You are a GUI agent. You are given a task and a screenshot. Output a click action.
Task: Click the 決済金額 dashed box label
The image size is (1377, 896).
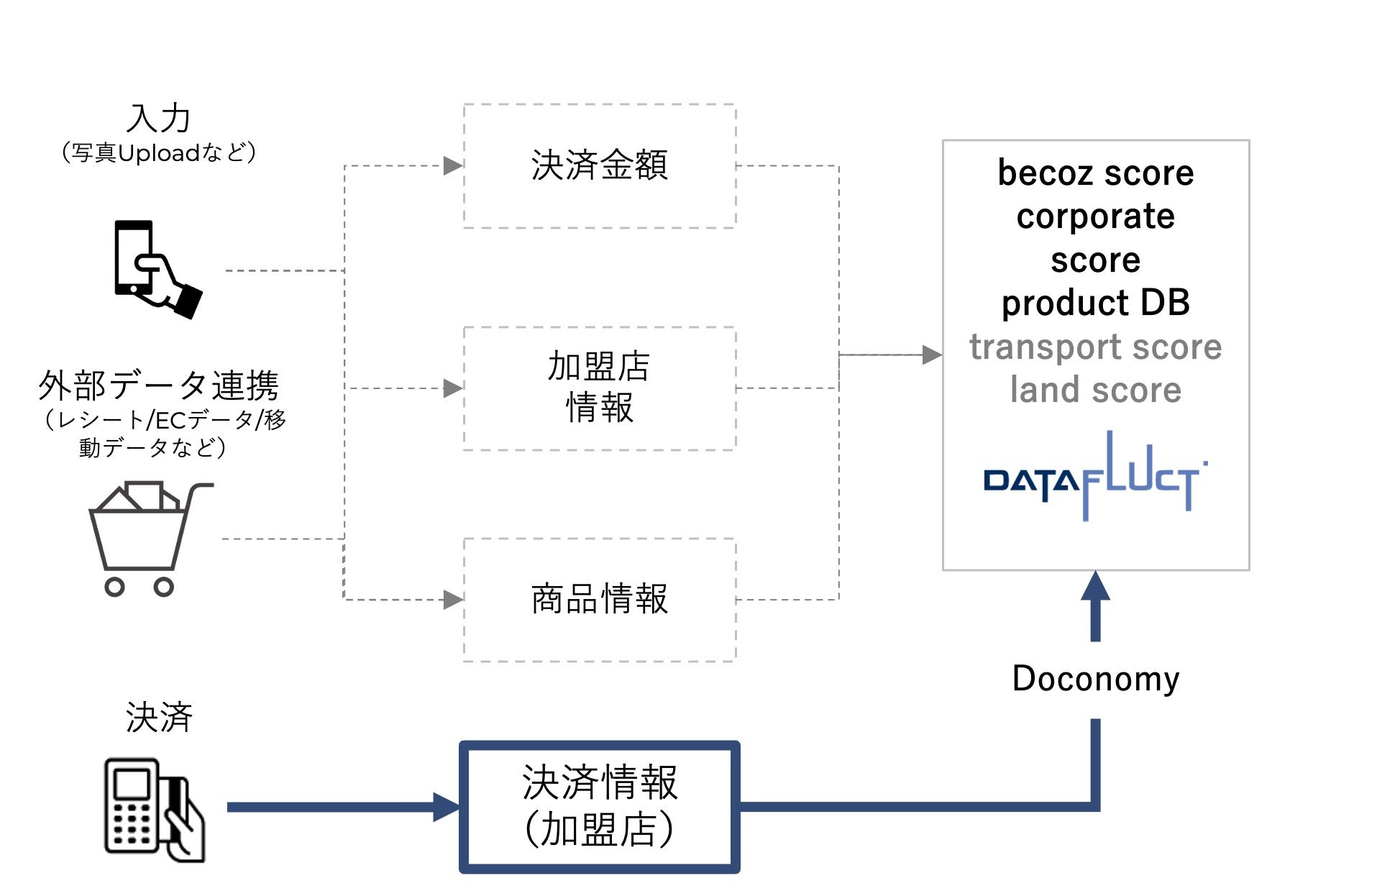[599, 165]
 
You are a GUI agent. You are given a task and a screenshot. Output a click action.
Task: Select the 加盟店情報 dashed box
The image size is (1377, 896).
[599, 388]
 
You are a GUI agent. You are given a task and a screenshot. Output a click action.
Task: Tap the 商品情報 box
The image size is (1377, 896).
[599, 599]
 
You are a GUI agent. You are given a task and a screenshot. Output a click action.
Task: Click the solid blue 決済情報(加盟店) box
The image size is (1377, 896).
[599, 807]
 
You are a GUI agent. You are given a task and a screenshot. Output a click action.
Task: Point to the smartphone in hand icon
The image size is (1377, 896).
[157, 269]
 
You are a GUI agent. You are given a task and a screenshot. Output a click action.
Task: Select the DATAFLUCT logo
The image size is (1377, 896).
[1094, 477]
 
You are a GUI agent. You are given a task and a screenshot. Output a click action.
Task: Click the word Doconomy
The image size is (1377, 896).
[1095, 678]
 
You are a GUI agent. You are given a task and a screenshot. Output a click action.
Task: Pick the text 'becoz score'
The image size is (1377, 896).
[1095, 173]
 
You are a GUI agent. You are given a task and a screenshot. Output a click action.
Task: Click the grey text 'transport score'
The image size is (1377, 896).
[1095, 347]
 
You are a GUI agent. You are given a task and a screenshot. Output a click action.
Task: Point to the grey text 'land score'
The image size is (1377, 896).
[1095, 390]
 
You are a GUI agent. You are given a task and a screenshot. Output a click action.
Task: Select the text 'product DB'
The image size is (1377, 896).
[1095, 303]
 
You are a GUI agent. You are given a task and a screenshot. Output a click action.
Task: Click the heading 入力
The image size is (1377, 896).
[158, 119]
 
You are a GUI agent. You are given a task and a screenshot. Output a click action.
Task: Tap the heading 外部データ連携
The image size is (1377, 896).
[158, 385]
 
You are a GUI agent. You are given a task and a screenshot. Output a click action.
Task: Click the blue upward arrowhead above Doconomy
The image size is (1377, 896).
[1095, 586]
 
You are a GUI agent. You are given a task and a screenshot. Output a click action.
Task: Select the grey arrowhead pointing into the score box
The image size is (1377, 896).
[931, 355]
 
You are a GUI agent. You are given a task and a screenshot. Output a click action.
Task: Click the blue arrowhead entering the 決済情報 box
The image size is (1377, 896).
[446, 807]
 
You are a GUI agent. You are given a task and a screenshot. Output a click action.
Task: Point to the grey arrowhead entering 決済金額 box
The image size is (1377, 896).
[452, 166]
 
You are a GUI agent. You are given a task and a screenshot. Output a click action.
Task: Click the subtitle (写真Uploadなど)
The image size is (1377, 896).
[158, 153]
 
